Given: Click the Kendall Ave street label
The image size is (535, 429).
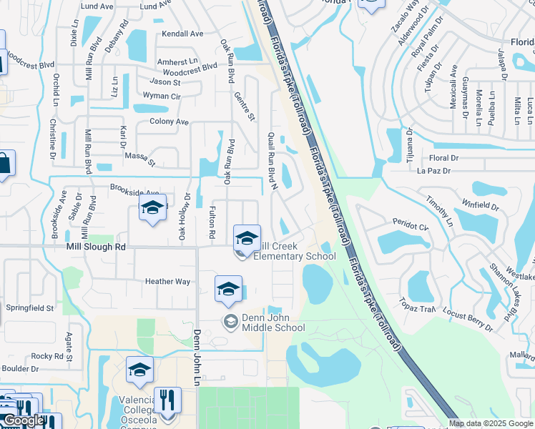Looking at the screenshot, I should click(x=182, y=34).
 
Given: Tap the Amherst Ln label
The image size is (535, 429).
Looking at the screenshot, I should click(x=177, y=62).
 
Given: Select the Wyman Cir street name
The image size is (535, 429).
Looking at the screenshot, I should click(x=162, y=96).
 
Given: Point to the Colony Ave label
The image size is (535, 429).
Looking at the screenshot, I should click(x=169, y=122).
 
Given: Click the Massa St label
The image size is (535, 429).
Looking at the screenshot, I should click(x=140, y=158).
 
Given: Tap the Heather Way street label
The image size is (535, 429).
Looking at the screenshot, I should click(x=168, y=282).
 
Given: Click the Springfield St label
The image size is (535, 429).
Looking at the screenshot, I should click(x=30, y=308).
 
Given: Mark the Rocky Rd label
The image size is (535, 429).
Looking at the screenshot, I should click(x=47, y=356).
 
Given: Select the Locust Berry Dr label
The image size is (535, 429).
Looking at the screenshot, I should click(x=468, y=321).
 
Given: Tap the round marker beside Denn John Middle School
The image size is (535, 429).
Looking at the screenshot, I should click(x=230, y=322).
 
